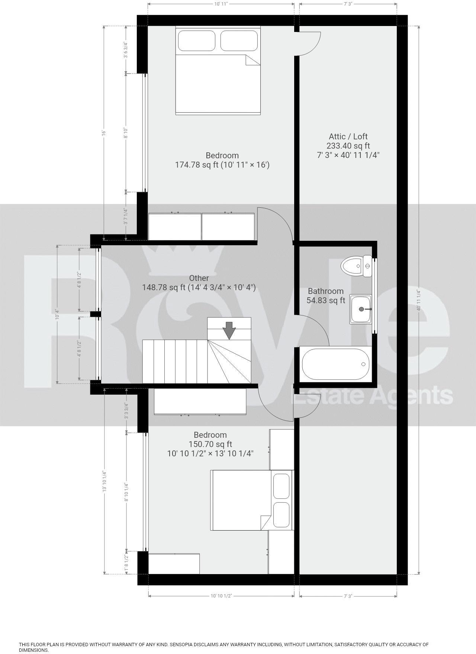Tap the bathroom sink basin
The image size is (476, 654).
pyautogui.click(x=360, y=309)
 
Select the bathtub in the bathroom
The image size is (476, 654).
pyautogui.click(x=335, y=364)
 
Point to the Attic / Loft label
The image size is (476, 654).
pyautogui.click(x=348, y=136)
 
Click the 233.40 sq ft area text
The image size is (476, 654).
pyautogui.click(x=348, y=146)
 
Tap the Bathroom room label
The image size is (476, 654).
pyautogui.click(x=325, y=291)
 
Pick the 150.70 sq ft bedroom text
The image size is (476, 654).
pyautogui.click(x=210, y=444)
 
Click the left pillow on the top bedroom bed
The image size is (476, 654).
pyautogui.click(x=196, y=41)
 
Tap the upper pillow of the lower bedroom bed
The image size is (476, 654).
pyautogui.click(x=281, y=486)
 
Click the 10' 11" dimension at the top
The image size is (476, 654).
pyautogui.click(x=221, y=4)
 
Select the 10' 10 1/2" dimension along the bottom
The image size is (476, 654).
pyautogui.click(x=221, y=596)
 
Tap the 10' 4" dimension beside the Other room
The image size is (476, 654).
pyautogui.click(x=57, y=314)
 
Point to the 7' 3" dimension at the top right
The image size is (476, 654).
pyautogui.click(x=348, y=4)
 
